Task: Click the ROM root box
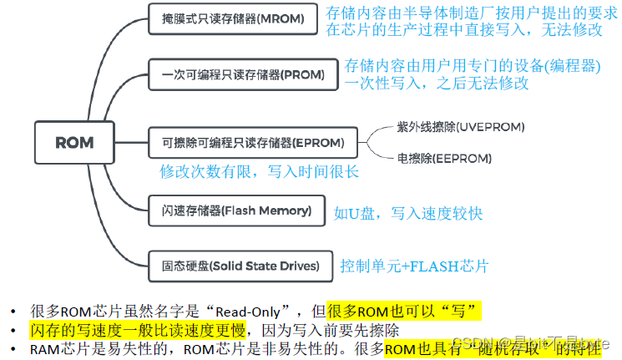tap(74, 142)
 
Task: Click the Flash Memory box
tap(235, 210)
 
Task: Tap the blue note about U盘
tap(408, 213)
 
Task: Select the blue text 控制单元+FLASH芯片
tap(414, 266)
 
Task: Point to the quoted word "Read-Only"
tap(267, 312)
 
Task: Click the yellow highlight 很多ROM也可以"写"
tap(405, 312)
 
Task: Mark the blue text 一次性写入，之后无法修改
tap(437, 83)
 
